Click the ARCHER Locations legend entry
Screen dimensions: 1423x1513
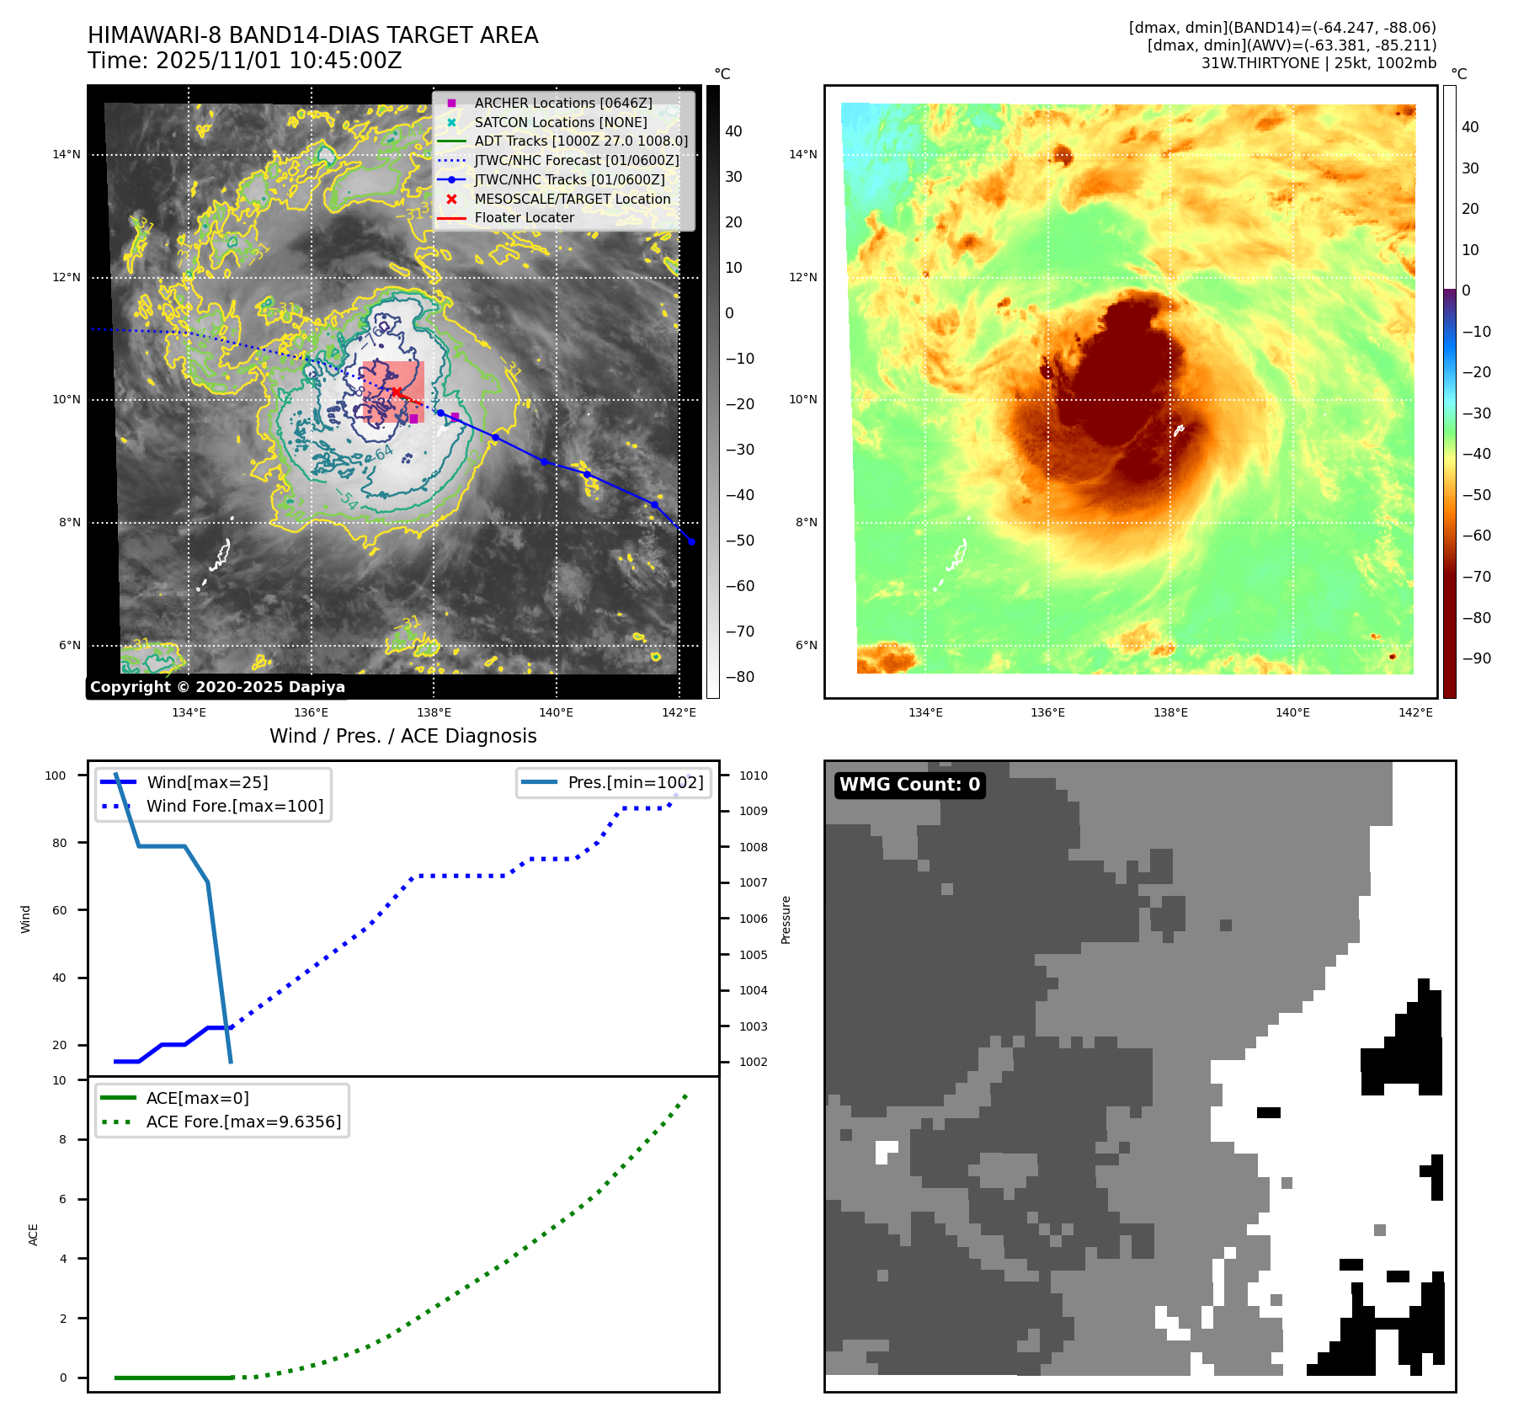point(562,103)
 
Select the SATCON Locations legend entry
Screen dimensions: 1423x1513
point(560,122)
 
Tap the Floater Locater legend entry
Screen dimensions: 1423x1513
point(524,217)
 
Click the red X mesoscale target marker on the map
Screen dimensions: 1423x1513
point(396,392)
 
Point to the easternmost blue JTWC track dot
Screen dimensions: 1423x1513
point(691,541)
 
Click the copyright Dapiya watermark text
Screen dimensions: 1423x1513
point(217,687)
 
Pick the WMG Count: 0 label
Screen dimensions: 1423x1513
point(909,785)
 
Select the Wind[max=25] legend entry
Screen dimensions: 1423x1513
point(207,782)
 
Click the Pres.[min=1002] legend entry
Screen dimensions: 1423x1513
point(635,782)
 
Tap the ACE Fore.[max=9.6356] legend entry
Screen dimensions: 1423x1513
point(243,1122)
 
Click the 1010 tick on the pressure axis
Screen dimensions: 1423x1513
point(754,775)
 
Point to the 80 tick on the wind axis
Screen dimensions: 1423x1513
point(59,843)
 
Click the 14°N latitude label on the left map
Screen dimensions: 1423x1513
point(67,155)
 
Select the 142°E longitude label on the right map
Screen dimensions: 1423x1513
point(1415,712)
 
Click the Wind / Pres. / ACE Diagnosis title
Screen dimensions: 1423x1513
point(402,736)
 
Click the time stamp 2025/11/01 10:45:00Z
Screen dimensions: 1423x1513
point(278,61)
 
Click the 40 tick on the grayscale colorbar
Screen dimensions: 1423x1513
point(733,131)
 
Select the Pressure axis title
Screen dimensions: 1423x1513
point(786,919)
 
